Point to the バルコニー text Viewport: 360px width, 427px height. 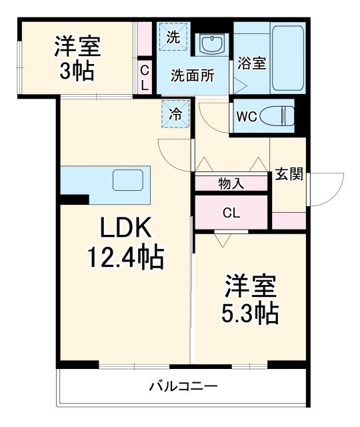183,386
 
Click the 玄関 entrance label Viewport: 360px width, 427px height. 289,175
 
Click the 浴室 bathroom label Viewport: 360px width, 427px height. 252,64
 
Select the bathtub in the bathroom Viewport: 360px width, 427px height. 288,58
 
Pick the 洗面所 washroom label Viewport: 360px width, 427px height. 192,75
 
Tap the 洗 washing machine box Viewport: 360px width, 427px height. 173,38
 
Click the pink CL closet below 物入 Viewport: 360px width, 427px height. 231,213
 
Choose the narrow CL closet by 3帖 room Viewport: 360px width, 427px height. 145,78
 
